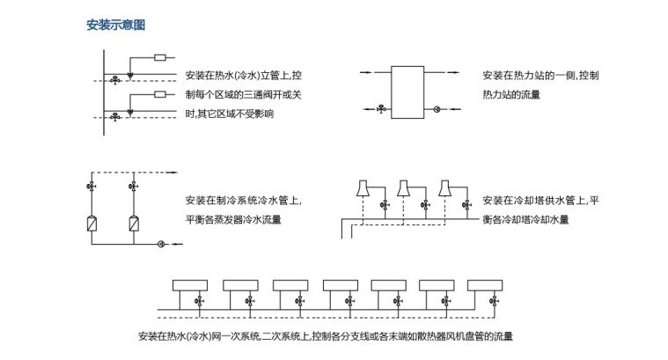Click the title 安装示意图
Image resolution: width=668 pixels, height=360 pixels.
pyautogui.click(x=115, y=25)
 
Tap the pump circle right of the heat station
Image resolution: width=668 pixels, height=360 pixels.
pyautogui.click(x=437, y=109)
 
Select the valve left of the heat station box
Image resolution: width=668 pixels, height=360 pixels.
pyautogui.click(x=380, y=109)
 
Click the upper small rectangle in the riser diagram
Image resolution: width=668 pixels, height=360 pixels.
pyautogui.click(x=160, y=58)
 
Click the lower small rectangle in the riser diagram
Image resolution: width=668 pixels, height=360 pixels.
pyautogui.click(x=160, y=93)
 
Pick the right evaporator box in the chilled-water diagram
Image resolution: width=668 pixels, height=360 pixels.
pyautogui.click(x=134, y=223)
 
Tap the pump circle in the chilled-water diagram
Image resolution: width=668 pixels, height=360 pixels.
pyautogui.click(x=160, y=243)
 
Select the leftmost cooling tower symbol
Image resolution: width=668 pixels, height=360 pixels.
pyautogui.click(x=362, y=189)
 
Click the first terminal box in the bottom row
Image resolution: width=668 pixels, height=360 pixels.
pyautogui.click(x=189, y=286)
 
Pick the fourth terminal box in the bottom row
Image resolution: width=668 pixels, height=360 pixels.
pyautogui.click(x=338, y=286)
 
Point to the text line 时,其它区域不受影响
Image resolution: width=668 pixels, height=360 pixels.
pyautogui.click(x=229, y=114)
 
